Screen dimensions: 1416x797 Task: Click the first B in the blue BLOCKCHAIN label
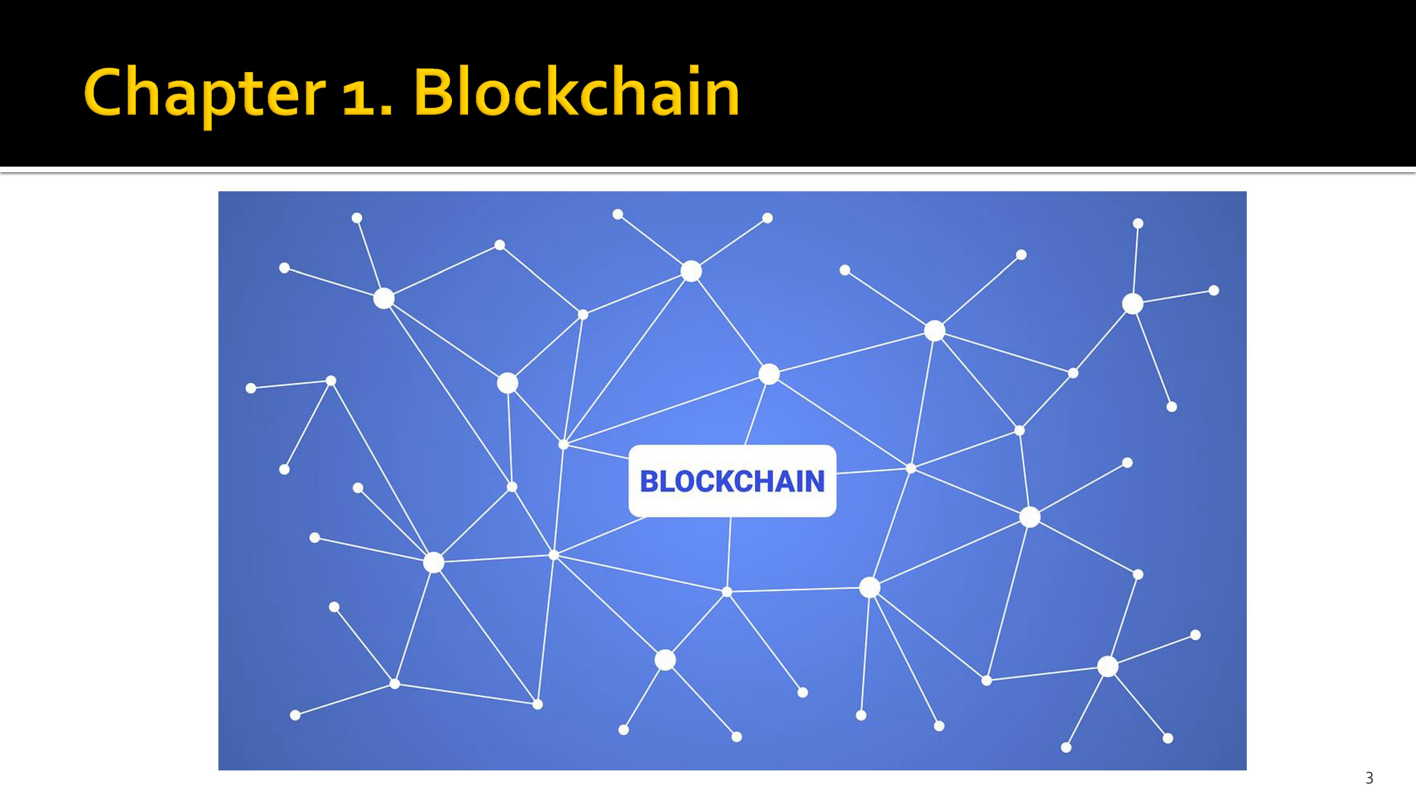pos(650,481)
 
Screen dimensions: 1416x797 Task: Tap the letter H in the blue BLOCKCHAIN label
pos(767,481)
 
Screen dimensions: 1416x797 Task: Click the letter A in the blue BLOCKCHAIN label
pos(788,481)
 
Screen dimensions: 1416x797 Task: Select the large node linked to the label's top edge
pos(769,374)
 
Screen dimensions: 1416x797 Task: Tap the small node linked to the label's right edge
pos(911,468)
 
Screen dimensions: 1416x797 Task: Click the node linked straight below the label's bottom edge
pos(727,592)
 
